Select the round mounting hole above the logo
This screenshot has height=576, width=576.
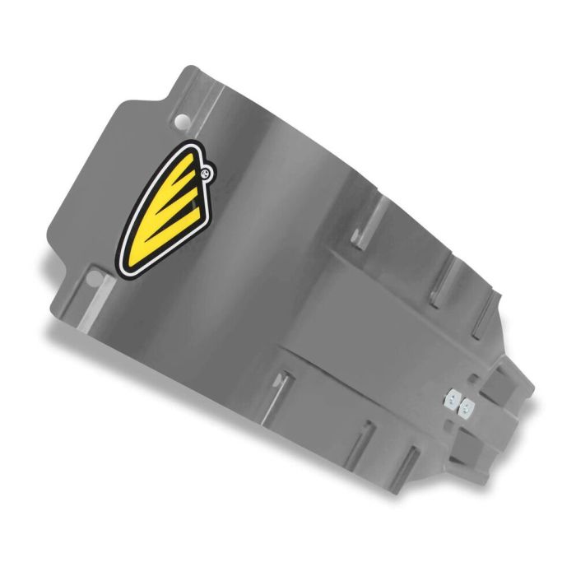coord(181,122)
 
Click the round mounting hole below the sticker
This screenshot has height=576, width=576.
coord(120,272)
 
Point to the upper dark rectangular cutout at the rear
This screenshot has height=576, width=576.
coord(501,383)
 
